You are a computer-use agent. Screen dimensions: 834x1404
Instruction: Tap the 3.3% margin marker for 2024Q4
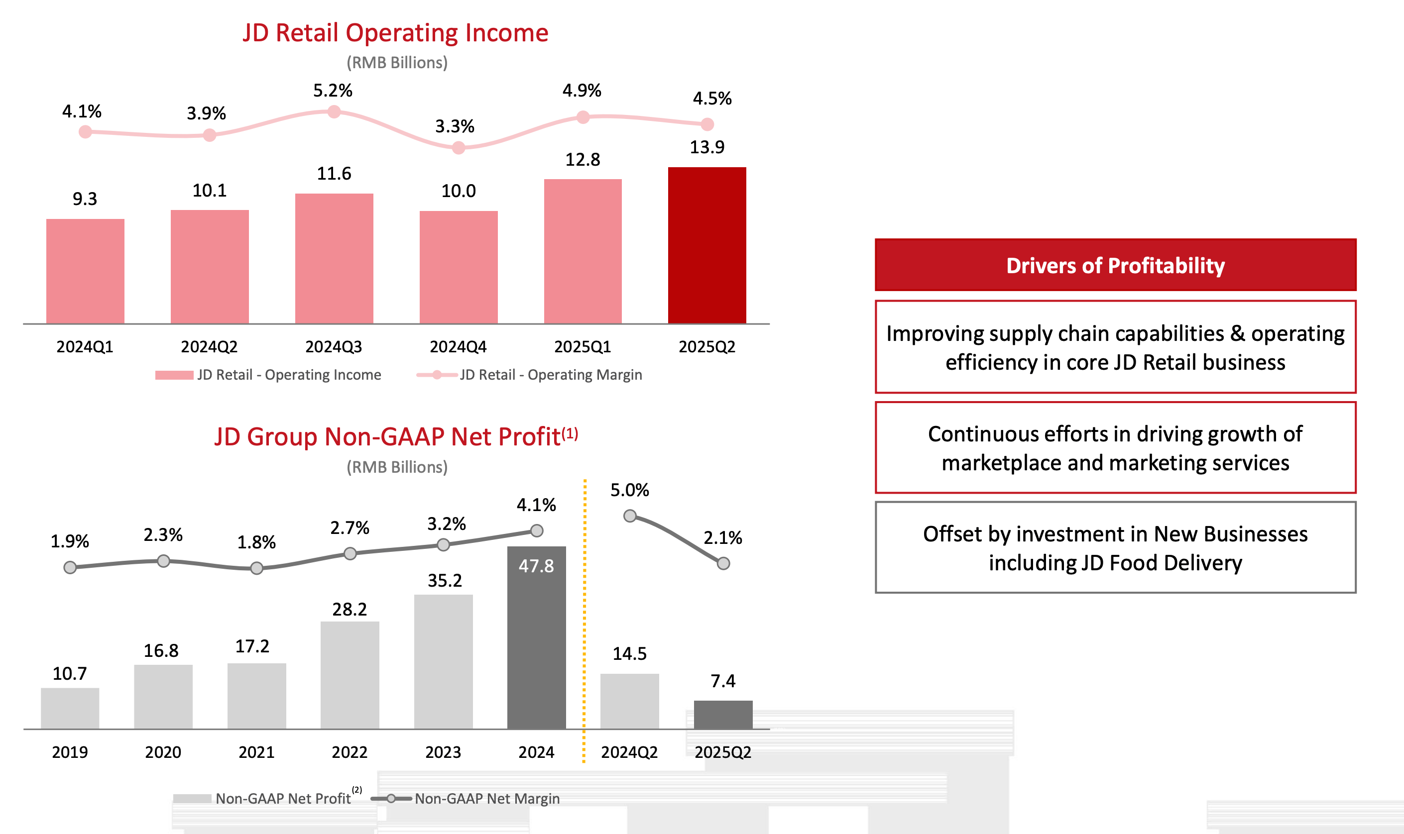pyautogui.click(x=459, y=148)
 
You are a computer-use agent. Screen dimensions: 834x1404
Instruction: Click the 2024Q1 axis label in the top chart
pyautogui.click(x=85, y=347)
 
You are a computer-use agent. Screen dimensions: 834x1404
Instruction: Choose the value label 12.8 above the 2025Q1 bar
pyautogui.click(x=583, y=160)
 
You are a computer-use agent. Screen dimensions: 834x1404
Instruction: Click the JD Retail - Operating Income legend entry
pyautogui.click(x=269, y=375)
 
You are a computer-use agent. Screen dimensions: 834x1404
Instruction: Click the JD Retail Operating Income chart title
pyautogui.click(x=395, y=33)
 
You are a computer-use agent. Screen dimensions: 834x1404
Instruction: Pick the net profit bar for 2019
pyautogui.click(x=70, y=708)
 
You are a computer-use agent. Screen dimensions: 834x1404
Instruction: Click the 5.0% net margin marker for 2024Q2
pyautogui.click(x=630, y=516)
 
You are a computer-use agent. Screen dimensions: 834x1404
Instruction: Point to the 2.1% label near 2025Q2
pyautogui.click(x=722, y=538)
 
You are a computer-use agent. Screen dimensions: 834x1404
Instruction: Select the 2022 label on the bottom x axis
pyautogui.click(x=349, y=752)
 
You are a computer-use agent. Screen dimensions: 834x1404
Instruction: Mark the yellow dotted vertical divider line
pyautogui.click(x=584, y=618)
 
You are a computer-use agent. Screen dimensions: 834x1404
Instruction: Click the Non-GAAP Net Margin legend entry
pyautogui.click(x=466, y=799)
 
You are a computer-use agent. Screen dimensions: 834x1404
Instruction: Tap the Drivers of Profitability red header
pyautogui.click(x=1115, y=265)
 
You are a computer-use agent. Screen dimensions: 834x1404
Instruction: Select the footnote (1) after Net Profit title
pyautogui.click(x=570, y=433)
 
